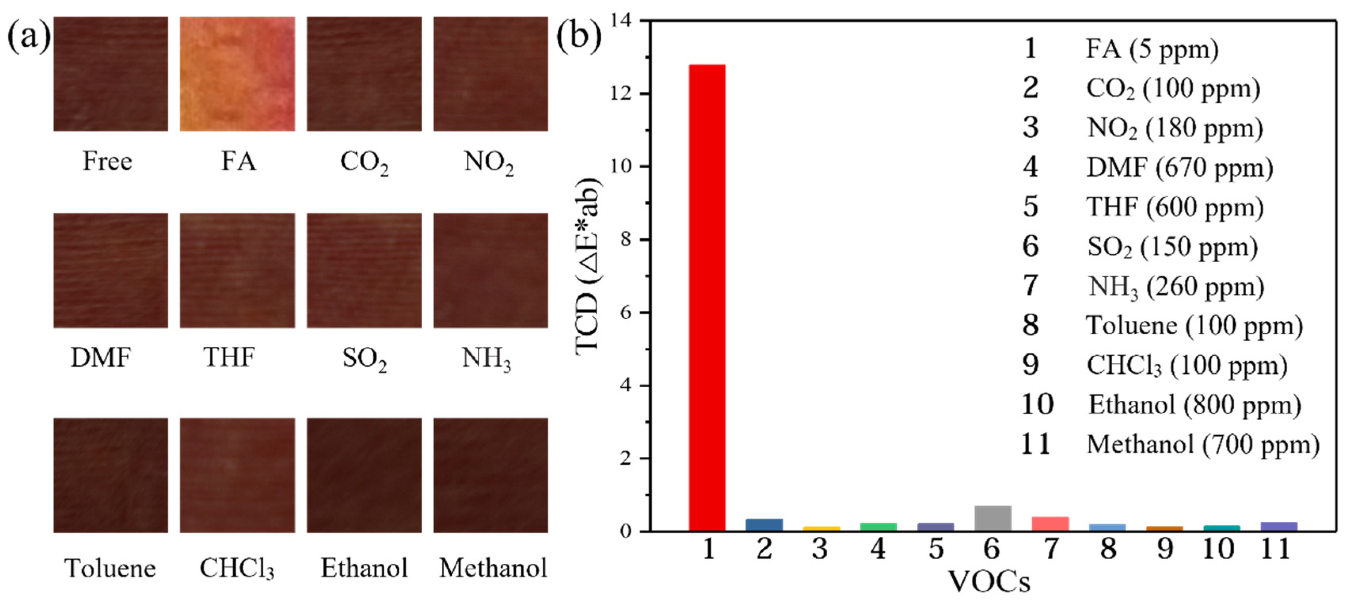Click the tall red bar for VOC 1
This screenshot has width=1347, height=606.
(707, 298)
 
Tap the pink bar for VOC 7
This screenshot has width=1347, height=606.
(1050, 523)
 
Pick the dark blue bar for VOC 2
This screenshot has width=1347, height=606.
(764, 525)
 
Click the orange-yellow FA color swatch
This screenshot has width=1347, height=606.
(237, 74)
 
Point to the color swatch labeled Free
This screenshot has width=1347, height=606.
(111, 74)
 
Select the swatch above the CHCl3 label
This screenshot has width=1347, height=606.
(237, 475)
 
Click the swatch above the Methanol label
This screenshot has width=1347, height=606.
(490, 475)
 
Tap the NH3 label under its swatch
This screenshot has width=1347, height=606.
(486, 359)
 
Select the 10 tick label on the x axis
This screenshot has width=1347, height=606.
(1218, 549)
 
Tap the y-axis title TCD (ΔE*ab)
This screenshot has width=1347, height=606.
(588, 267)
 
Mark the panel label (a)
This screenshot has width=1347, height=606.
(29, 36)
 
